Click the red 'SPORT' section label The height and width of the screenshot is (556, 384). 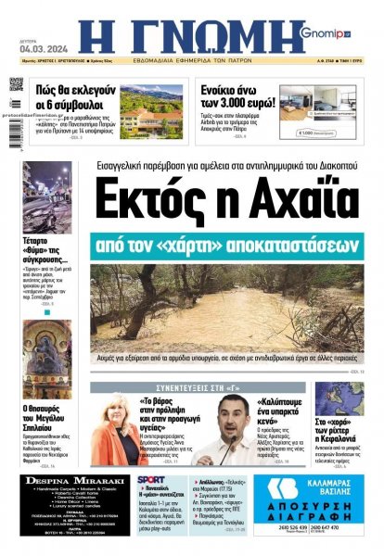[x=151, y=480]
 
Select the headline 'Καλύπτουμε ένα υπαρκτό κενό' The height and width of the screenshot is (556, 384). [x=275, y=415]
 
